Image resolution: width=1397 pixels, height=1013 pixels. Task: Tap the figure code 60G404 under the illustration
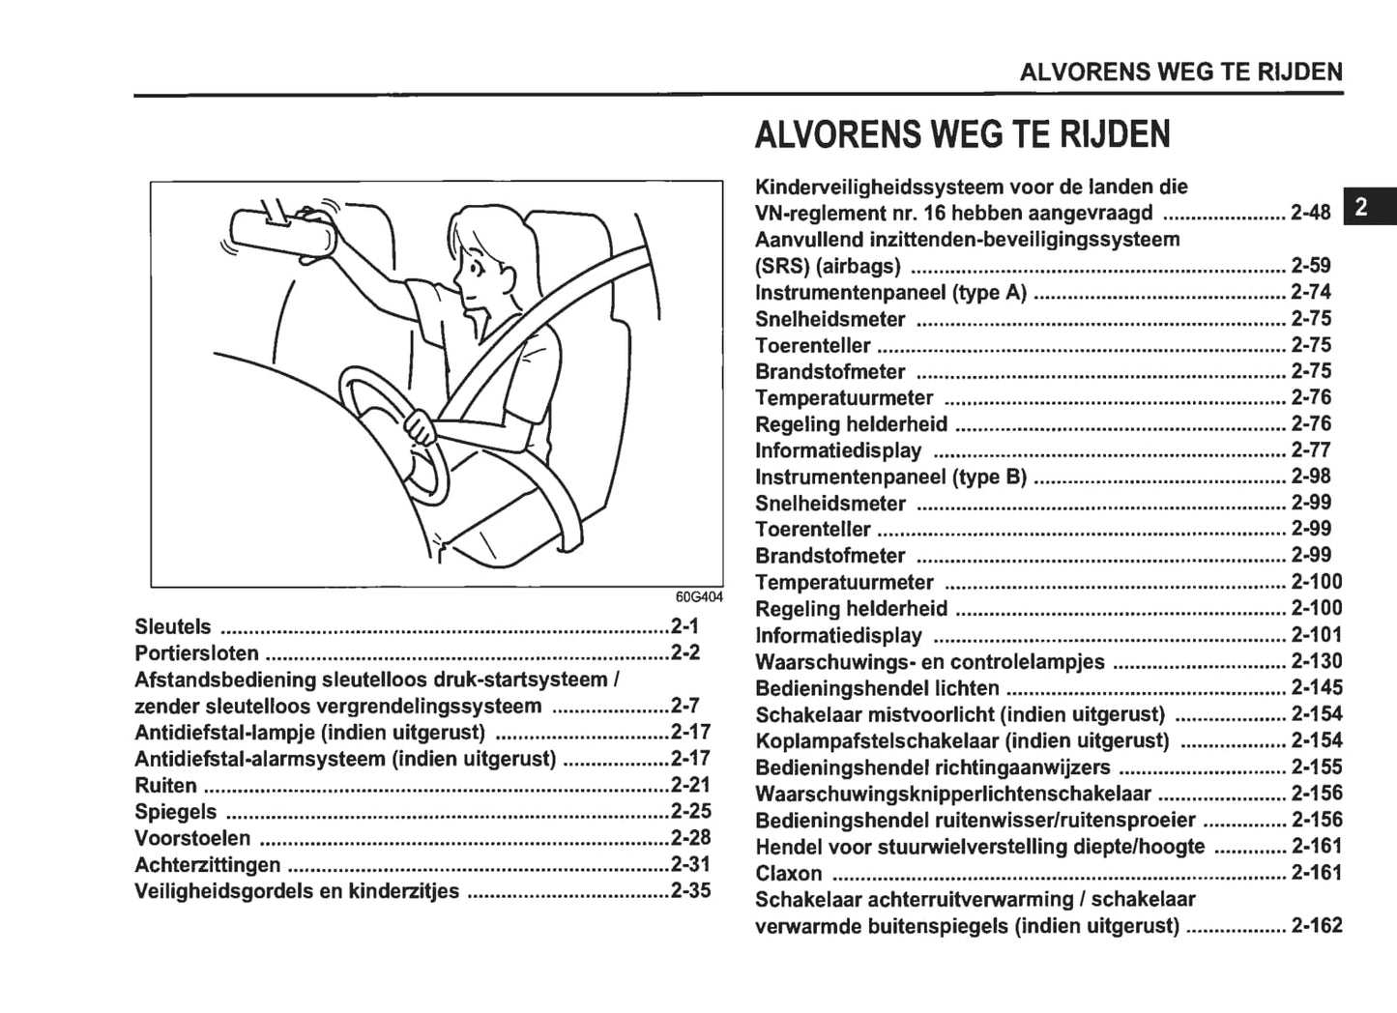pos(698,596)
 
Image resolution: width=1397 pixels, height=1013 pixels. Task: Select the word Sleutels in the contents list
pos(173,626)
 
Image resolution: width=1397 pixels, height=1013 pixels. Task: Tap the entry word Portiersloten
pos(197,652)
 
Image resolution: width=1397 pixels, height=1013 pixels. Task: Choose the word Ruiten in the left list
pos(166,785)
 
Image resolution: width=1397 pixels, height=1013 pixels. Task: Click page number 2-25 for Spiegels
pos(690,811)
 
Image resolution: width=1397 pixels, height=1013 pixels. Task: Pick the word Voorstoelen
pos(192,838)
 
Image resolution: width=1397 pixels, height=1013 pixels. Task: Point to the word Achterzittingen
pos(208,864)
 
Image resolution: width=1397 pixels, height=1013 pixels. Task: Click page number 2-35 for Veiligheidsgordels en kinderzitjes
pos(690,890)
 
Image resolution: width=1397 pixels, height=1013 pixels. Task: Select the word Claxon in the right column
pos(789,873)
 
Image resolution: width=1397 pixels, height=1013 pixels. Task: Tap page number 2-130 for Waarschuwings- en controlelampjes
pos(1317,661)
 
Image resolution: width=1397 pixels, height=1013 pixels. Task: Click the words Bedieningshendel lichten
pos(877,688)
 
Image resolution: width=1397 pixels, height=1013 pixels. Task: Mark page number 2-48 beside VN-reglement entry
pos(1311,213)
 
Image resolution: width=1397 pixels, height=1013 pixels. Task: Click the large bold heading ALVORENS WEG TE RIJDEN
pos(962,134)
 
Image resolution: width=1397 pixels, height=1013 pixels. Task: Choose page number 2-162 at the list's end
pos(1317,925)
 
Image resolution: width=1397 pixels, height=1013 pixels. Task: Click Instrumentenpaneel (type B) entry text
pos(890,477)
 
